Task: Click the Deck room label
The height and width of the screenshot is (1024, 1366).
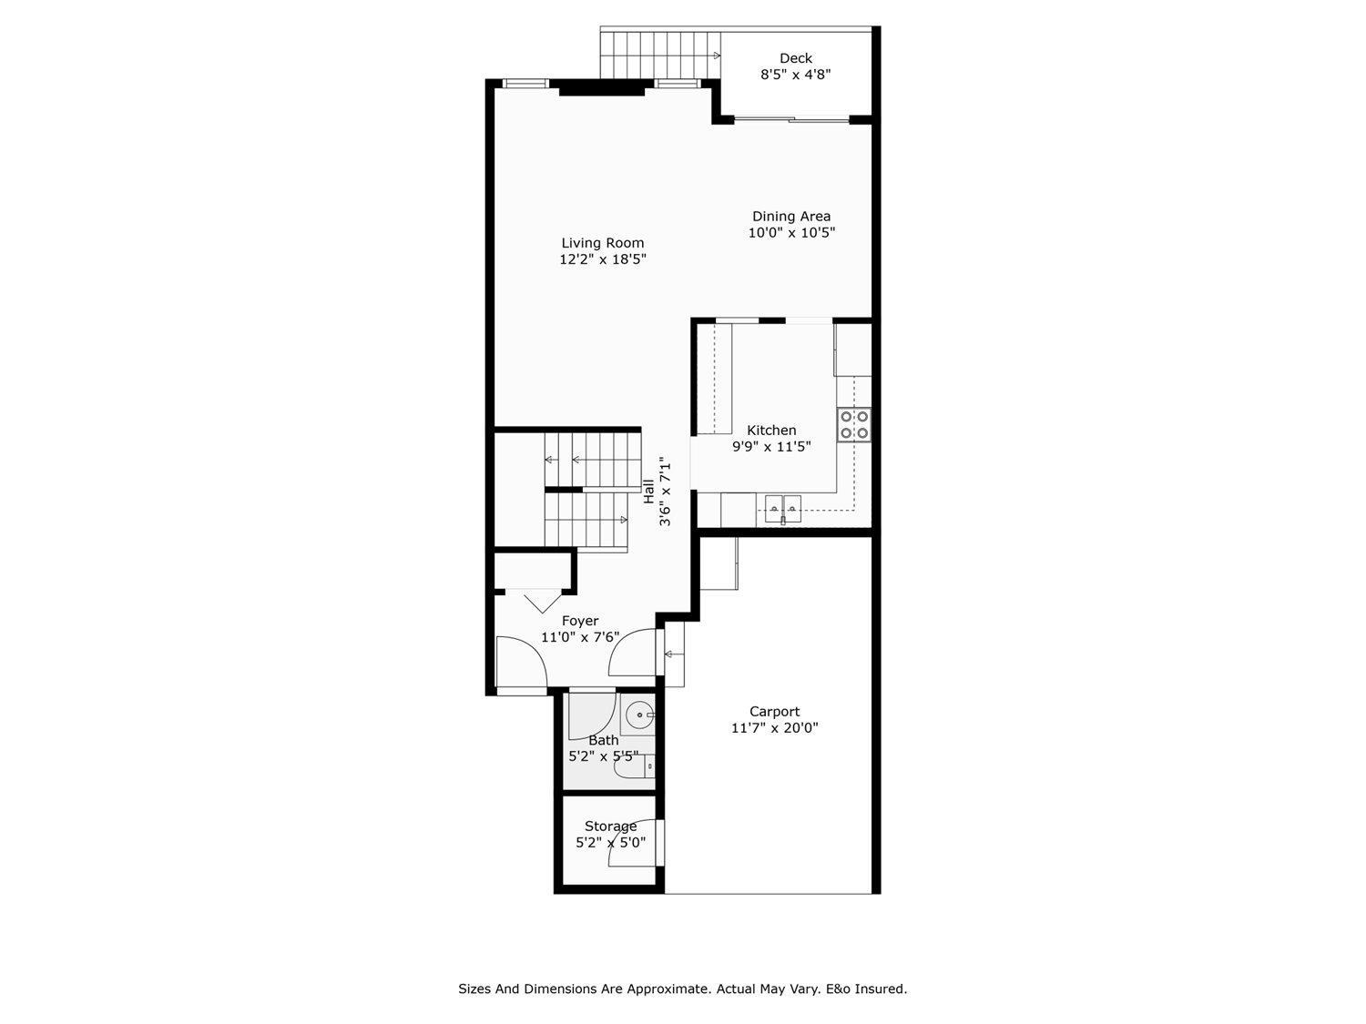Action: [795, 58]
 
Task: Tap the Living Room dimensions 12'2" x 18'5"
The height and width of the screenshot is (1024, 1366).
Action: [603, 259]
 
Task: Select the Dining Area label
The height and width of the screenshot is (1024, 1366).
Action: [790, 217]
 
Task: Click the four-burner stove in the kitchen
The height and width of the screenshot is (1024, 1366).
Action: [854, 424]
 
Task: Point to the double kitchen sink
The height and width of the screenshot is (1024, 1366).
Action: [782, 507]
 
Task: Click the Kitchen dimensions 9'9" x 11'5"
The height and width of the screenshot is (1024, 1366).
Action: [771, 447]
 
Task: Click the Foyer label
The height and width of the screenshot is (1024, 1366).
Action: [580, 621]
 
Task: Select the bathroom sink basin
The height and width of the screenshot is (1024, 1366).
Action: [641, 715]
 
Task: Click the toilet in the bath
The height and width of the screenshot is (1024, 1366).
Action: [635, 767]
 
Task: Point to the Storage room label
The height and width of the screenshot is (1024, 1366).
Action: [610, 826]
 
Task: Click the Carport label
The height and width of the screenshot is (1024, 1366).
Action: [774, 712]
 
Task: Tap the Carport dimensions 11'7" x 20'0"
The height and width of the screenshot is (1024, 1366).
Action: [774, 728]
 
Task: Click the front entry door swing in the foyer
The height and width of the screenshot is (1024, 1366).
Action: [521, 663]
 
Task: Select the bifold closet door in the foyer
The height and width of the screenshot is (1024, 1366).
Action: [541, 600]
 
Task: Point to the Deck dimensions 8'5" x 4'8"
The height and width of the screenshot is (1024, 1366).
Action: [795, 75]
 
